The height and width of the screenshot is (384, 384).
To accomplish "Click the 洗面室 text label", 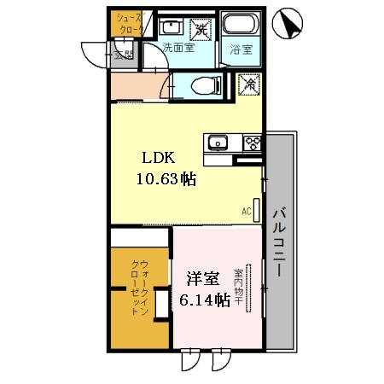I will (x=178, y=48).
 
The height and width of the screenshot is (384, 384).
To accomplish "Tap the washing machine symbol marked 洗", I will (x=201, y=26).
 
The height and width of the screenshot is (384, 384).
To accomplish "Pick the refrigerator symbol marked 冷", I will (x=248, y=84).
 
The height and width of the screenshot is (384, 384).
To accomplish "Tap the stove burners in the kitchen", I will (x=252, y=142).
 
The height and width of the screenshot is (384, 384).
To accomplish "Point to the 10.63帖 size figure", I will (x=165, y=179).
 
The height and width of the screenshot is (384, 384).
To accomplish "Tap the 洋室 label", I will (x=203, y=279).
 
